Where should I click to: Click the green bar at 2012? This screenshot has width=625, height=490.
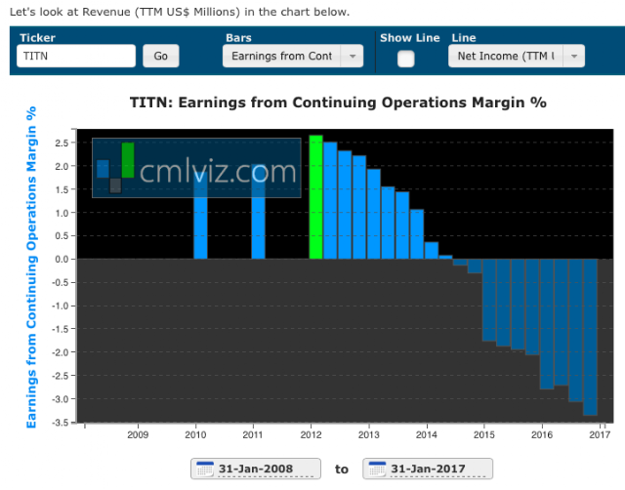[x=315, y=196]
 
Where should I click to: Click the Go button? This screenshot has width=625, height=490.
[x=160, y=56]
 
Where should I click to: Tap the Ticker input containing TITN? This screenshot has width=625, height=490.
[x=76, y=56]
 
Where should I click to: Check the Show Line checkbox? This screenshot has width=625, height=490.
[x=405, y=58]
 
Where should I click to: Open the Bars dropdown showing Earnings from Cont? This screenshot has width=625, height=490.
[x=292, y=56]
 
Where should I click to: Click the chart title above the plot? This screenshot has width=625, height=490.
[x=338, y=102]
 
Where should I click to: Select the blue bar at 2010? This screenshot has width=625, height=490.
[x=200, y=215]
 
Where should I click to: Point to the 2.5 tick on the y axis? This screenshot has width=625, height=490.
[x=61, y=143]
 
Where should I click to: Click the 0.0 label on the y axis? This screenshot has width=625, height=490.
[x=61, y=259]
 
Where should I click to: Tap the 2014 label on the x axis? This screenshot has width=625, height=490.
[x=426, y=434]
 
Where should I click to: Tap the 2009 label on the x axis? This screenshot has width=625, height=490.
[x=138, y=434]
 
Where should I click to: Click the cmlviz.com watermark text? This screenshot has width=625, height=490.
[x=218, y=172]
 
